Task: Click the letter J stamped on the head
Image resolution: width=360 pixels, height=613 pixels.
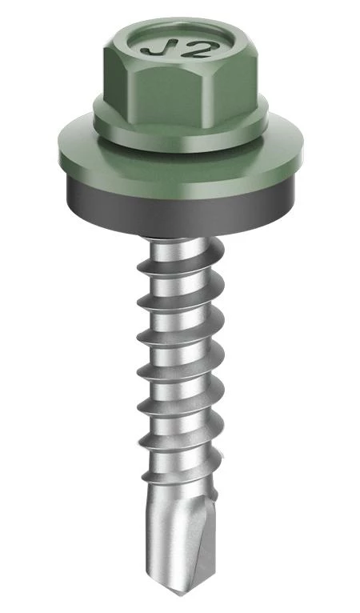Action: pyautogui.click(x=159, y=49)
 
